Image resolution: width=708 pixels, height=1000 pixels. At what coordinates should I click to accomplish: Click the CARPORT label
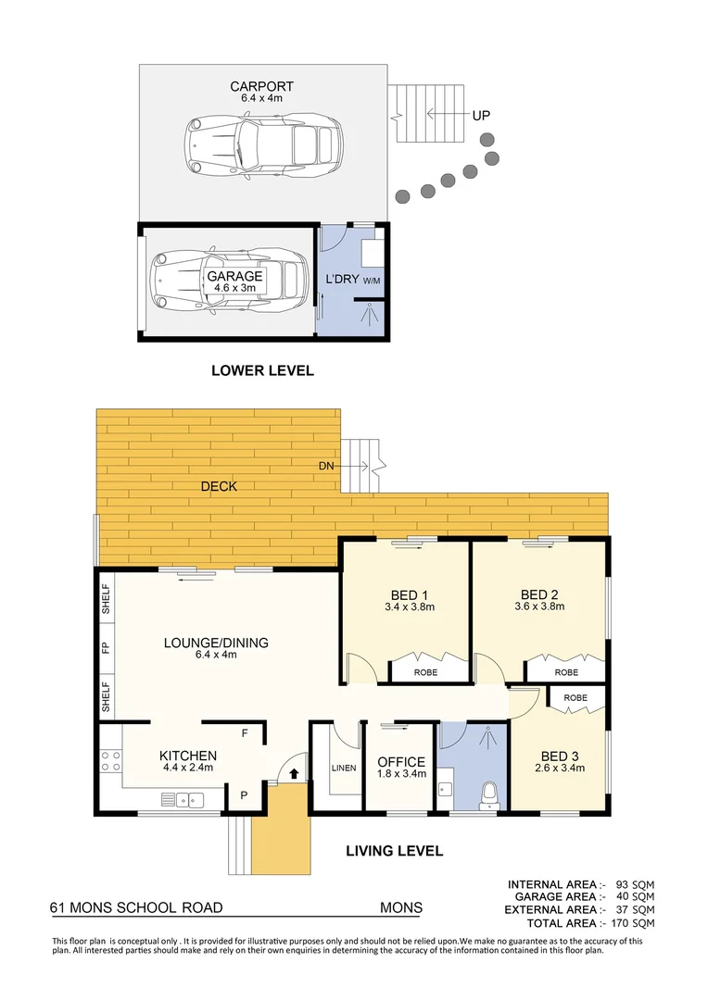coord(262,87)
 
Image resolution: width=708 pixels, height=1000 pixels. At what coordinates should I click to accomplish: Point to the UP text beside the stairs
coord(481,116)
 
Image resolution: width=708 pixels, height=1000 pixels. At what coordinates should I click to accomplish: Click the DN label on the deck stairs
coord(324,466)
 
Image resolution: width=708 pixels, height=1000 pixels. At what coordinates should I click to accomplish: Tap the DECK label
coord(219,486)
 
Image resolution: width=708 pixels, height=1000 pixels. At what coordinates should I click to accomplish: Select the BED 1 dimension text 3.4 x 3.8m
coord(410,608)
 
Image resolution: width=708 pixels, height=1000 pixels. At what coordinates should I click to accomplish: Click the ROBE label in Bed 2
coord(565,672)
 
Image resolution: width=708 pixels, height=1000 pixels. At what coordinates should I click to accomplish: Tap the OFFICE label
coord(401,762)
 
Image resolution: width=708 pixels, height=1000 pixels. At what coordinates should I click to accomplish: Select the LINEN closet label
coord(344,768)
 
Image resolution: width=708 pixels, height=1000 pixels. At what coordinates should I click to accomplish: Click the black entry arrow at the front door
coord(294,771)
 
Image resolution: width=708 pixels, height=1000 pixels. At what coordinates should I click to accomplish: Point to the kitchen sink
coord(183,798)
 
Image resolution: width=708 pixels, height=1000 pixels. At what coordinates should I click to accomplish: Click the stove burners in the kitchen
coord(110,761)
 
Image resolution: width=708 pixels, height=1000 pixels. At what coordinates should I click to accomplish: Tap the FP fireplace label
coord(106,647)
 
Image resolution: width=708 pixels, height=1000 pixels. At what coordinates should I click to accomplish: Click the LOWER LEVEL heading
coord(262,370)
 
